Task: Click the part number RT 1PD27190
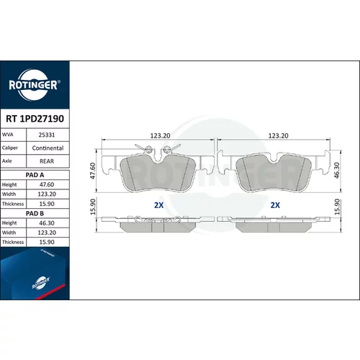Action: pyautogui.click(x=35, y=119)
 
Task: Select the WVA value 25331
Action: pyautogui.click(x=47, y=135)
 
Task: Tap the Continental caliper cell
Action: pyautogui.click(x=48, y=148)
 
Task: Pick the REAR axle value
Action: pyautogui.click(x=47, y=161)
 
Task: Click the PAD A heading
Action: pyautogui.click(x=35, y=175)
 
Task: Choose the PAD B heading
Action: pyautogui.click(x=35, y=213)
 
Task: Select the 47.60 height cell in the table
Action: pyautogui.click(x=47, y=184)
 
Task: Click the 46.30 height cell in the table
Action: pyautogui.click(x=47, y=223)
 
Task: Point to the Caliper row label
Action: pyautogui.click(x=10, y=148)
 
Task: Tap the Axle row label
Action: pyautogui.click(x=7, y=161)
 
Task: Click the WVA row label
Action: pyautogui.click(x=8, y=135)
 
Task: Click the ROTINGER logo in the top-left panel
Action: pyautogui.click(x=34, y=85)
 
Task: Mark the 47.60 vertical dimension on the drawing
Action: pyautogui.click(x=93, y=171)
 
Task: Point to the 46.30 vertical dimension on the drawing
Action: pyautogui.click(x=337, y=171)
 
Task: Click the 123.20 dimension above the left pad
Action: pyautogui.click(x=160, y=135)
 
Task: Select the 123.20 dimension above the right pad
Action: pyautogui.click(x=278, y=135)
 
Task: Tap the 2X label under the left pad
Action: pyautogui.click(x=158, y=205)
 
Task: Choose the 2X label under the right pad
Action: pyautogui.click(x=275, y=205)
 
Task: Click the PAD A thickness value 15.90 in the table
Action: pyautogui.click(x=47, y=204)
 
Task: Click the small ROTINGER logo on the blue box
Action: pyautogui.click(x=41, y=283)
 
